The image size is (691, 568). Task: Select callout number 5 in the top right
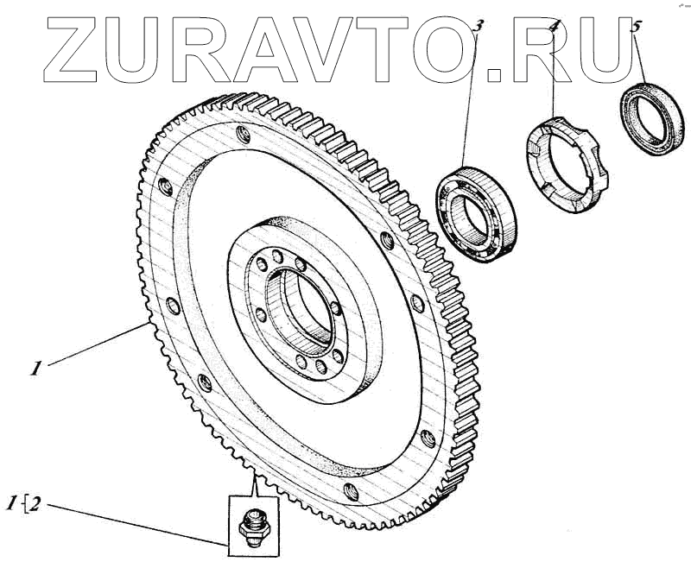click(637, 28)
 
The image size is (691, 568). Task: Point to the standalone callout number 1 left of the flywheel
click(35, 369)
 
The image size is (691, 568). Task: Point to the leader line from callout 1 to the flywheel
click(95, 345)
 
